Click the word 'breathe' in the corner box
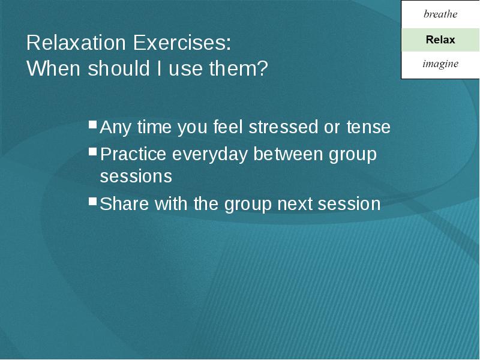(x=440, y=14)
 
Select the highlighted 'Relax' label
(x=440, y=40)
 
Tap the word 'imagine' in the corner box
(x=440, y=64)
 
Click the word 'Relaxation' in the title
(x=76, y=43)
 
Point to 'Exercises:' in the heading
(x=182, y=43)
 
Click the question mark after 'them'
(x=262, y=68)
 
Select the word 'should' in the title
(x=119, y=68)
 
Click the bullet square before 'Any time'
(x=93, y=124)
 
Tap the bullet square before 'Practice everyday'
(x=93, y=152)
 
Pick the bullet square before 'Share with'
(x=93, y=201)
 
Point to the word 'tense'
(x=368, y=127)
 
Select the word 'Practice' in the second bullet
(x=133, y=154)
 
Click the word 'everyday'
(x=209, y=155)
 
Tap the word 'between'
(x=288, y=154)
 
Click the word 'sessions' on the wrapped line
(x=136, y=176)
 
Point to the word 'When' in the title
(x=53, y=68)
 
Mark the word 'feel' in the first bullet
(x=228, y=127)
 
